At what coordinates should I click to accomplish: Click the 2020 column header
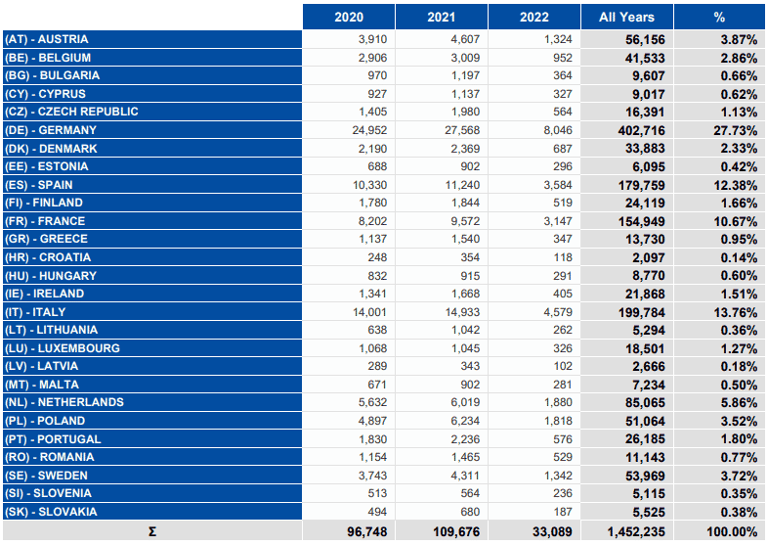[x=349, y=18]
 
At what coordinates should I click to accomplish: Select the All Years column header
[x=626, y=18]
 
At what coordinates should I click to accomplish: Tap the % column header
[x=719, y=18]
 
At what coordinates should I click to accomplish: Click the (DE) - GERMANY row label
[x=51, y=130]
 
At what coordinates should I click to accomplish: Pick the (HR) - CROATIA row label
[x=48, y=257]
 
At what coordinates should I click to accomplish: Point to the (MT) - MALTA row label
[x=42, y=385]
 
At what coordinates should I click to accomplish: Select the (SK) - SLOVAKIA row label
[x=51, y=512]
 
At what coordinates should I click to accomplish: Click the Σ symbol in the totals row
[x=152, y=531]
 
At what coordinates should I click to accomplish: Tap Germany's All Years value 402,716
[x=642, y=131]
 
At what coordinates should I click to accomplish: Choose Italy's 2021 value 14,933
[x=462, y=312]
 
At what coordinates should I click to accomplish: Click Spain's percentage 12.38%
[x=736, y=186]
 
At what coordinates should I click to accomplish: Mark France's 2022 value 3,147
[x=558, y=221]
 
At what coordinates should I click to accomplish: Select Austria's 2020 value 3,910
[x=372, y=39]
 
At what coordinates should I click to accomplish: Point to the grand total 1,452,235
[x=636, y=531]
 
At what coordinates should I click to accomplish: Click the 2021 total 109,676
[x=456, y=531]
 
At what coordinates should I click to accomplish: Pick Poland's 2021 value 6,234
[x=465, y=421]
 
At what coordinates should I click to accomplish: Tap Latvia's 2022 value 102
[x=563, y=367]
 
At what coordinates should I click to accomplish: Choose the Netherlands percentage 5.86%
[x=739, y=403]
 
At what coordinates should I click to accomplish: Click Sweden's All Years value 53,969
[x=645, y=476]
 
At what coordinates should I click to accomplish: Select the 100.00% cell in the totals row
[x=732, y=531]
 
